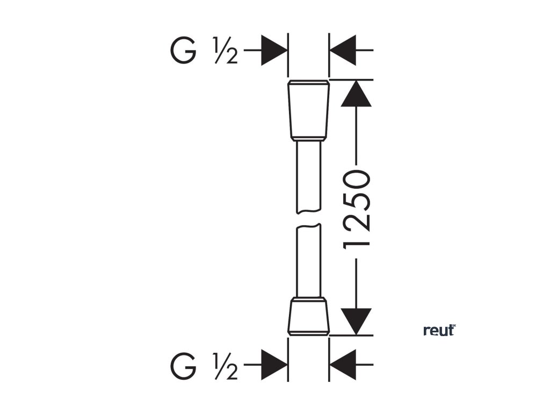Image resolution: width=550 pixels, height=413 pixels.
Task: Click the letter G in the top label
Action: [x=183, y=50]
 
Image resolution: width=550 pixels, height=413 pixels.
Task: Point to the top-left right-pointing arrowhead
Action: [x=274, y=50]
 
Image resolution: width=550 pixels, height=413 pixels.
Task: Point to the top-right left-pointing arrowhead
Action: [x=343, y=50]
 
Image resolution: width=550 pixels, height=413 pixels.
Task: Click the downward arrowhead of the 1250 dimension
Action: [x=356, y=321]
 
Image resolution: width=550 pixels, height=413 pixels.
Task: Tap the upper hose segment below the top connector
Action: [x=308, y=175]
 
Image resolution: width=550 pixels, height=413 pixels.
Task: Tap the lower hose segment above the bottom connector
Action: [x=308, y=261]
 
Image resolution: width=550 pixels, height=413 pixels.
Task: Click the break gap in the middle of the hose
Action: [x=308, y=219]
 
